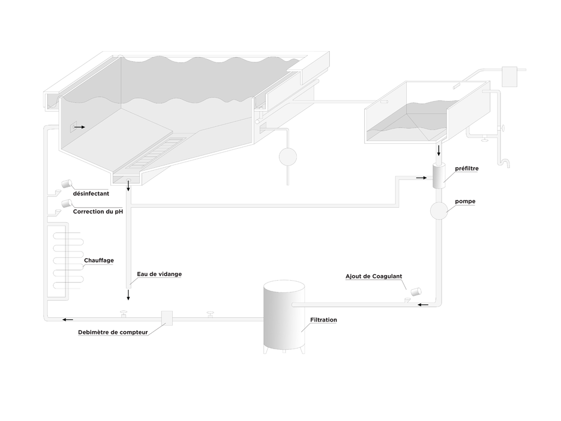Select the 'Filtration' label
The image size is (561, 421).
tap(323, 320)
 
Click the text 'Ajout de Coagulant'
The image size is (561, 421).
tap(374, 277)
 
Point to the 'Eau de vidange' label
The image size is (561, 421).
tap(159, 274)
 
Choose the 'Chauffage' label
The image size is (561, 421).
tap(99, 260)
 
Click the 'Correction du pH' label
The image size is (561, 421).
tap(98, 212)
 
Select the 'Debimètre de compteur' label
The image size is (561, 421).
tap(113, 332)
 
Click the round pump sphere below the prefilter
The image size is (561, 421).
tap(439, 210)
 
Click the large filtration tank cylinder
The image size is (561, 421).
tap(284, 315)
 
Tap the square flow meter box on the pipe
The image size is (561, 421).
tap(167, 318)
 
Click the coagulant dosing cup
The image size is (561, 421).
tap(416, 291)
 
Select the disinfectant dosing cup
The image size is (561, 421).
tap(67, 183)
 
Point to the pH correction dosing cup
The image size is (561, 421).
tap(67, 202)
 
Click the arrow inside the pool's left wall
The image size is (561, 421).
tap(79, 127)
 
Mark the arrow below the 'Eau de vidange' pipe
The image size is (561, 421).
tap(128, 295)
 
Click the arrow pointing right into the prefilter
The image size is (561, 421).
tap(421, 178)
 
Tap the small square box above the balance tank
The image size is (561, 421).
tap(509, 76)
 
